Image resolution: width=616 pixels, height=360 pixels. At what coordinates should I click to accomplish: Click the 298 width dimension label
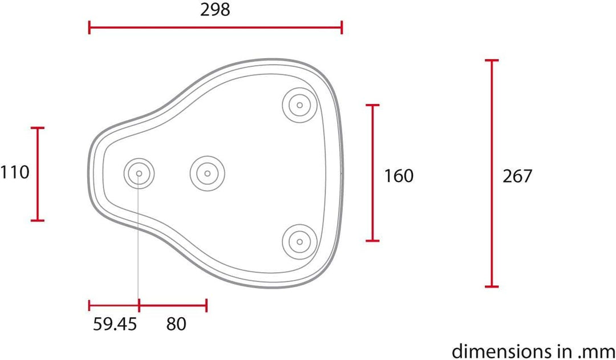pyautogui.click(x=215, y=10)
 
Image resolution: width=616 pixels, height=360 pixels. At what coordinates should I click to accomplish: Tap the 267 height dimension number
pyautogui.click(x=517, y=176)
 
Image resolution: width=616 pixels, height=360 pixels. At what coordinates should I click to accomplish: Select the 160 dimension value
pyautogui.click(x=399, y=176)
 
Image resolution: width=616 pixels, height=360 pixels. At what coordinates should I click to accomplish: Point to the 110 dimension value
pyautogui.click(x=15, y=172)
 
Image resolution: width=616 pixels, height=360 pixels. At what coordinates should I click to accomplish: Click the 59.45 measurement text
pyautogui.click(x=115, y=324)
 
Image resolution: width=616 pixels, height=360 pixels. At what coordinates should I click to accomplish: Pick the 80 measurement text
pyautogui.click(x=176, y=324)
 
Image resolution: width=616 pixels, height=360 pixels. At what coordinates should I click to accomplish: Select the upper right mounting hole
pyautogui.click(x=300, y=104)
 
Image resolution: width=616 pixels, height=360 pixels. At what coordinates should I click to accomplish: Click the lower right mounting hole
pyautogui.click(x=300, y=242)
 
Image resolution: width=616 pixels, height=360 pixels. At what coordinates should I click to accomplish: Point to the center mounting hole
pyautogui.click(x=208, y=173)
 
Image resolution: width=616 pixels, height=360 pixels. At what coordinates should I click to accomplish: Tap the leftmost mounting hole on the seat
pyautogui.click(x=139, y=173)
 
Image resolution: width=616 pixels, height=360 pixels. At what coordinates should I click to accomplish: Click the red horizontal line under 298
pyautogui.click(x=215, y=27)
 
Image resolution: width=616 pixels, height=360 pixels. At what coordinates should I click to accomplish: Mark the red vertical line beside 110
pyautogui.click(x=38, y=174)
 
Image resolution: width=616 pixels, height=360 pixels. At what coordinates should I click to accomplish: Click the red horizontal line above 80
pyautogui.click(x=173, y=305)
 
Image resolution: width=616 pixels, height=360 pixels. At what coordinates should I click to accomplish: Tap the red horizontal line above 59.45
pyautogui.click(x=114, y=305)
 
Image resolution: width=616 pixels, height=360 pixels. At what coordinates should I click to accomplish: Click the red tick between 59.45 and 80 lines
pyautogui.click(x=139, y=305)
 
